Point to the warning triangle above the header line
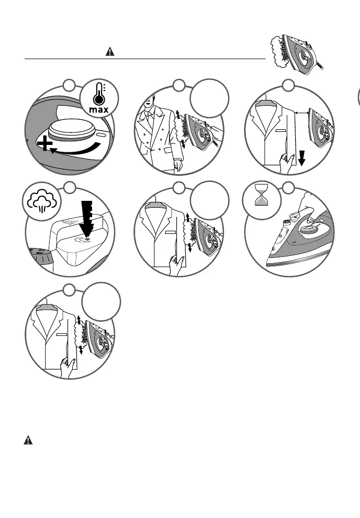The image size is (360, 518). click(x=110, y=51)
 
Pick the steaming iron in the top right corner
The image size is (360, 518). click(x=296, y=52)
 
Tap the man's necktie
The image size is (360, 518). click(x=151, y=120)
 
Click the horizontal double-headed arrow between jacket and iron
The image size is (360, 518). click(x=301, y=112)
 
